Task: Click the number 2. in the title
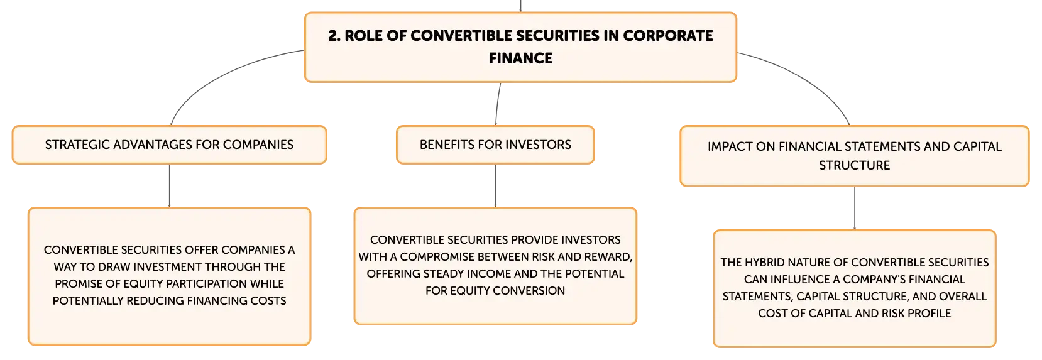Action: click(334, 36)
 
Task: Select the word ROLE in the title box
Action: click(363, 36)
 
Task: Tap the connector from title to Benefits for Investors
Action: click(497, 104)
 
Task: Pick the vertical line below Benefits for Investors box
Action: click(495, 185)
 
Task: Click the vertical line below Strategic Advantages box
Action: click(169, 185)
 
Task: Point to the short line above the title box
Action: click(520, 6)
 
